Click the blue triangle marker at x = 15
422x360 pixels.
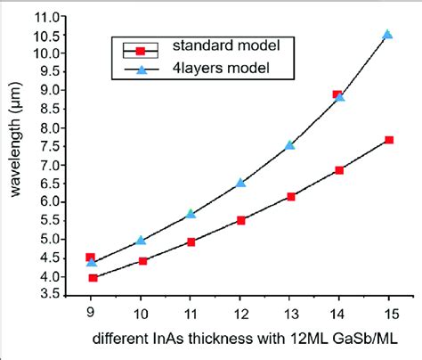[387, 34]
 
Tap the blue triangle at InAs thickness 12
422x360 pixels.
[240, 183]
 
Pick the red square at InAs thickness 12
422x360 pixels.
[240, 220]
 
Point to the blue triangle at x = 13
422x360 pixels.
[289, 144]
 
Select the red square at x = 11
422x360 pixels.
[191, 241]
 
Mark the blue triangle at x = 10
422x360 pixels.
[141, 241]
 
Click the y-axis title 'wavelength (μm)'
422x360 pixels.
[14, 153]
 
